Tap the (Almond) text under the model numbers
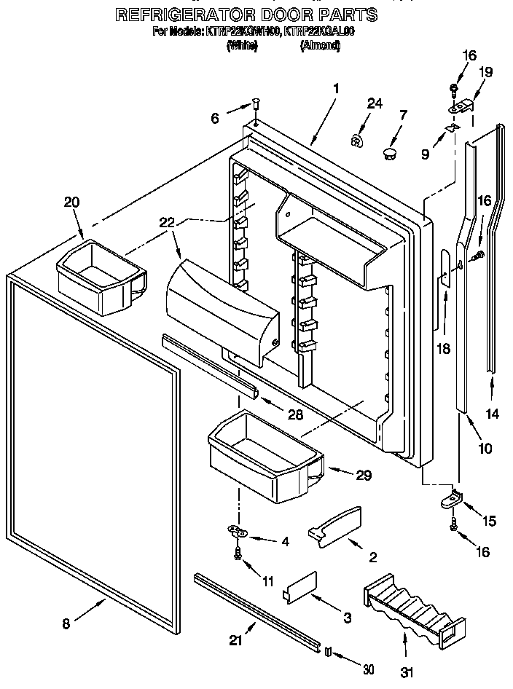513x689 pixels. coord(320,45)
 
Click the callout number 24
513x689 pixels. coord(374,104)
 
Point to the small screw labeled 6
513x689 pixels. coord(256,105)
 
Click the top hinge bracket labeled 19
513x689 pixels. coord(462,106)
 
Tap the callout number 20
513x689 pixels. coord(71,202)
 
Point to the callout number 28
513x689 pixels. coord(295,414)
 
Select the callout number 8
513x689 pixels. coord(66,623)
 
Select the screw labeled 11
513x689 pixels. coord(238,554)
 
